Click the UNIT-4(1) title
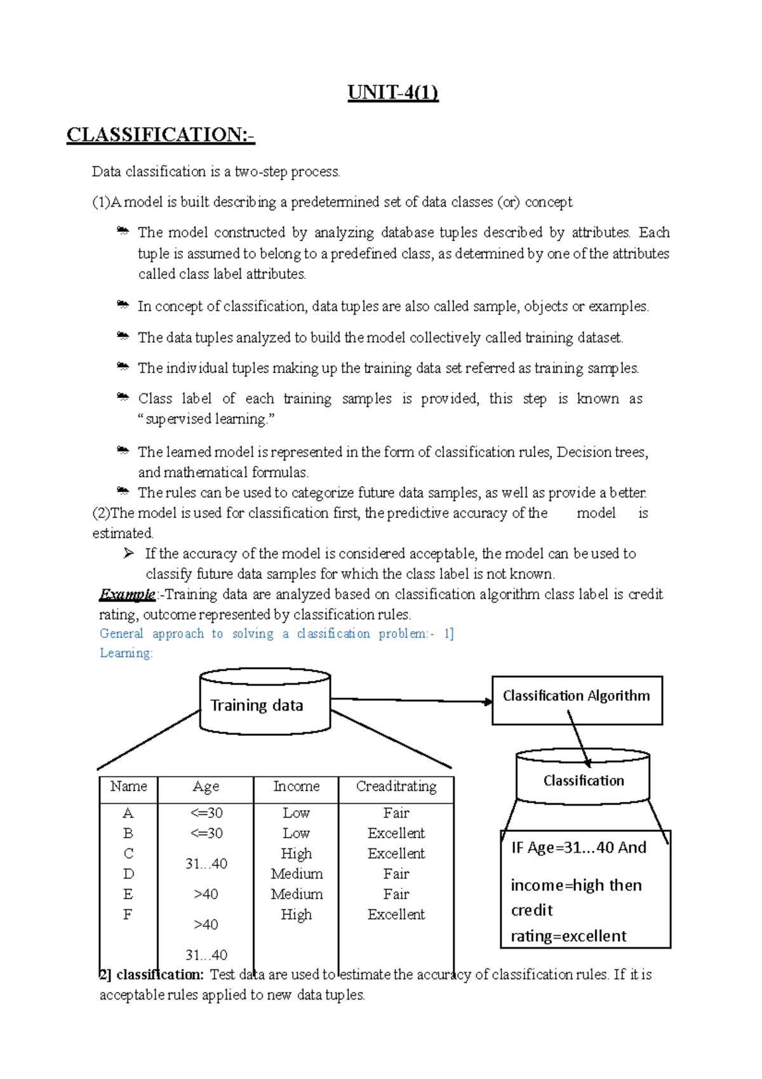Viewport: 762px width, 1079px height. tap(393, 93)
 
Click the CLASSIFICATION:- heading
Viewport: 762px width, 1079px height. tap(161, 135)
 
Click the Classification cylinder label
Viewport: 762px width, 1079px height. tap(584, 781)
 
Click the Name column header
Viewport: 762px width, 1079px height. tap(128, 787)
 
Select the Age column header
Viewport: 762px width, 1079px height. tap(206, 787)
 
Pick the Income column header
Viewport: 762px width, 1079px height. tap(296, 787)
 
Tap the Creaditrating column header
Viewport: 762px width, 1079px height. tap(396, 787)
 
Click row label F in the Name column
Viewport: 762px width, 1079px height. tap(128, 914)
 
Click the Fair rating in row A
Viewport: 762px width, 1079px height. tap(396, 813)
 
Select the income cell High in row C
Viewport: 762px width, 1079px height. tap(296, 853)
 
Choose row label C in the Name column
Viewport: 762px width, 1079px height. tap(128, 853)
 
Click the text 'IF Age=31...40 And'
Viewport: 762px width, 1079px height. tap(578, 848)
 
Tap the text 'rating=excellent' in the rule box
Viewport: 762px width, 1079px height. tap(568, 936)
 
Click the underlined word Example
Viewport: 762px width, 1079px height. tap(127, 595)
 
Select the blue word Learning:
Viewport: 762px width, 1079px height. tap(126, 653)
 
